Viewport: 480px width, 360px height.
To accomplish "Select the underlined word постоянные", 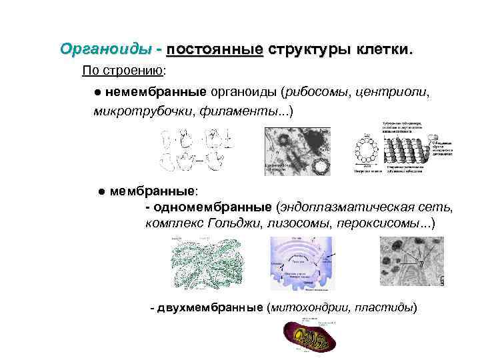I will (215, 50).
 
